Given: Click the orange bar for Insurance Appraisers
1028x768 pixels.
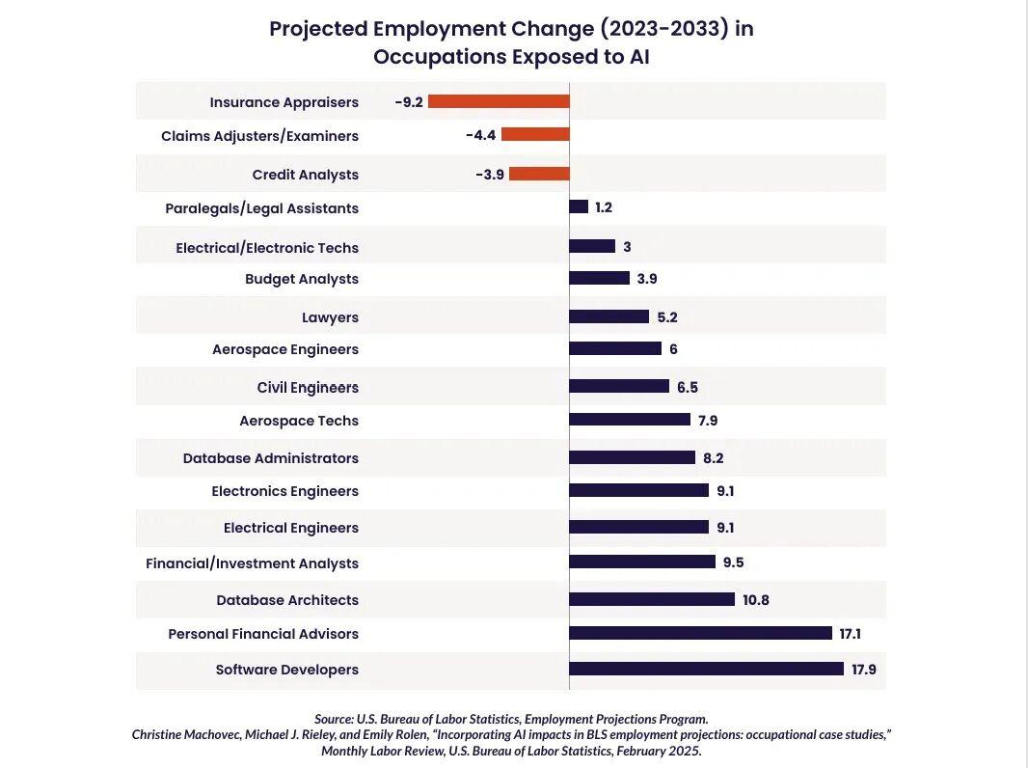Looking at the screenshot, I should point(499,101).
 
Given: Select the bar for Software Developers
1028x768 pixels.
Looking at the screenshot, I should point(706,669).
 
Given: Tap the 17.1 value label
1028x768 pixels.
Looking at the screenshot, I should point(850,634).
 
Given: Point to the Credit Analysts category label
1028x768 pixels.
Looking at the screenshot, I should point(305,175).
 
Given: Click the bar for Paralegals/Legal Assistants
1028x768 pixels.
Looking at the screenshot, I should point(579,206).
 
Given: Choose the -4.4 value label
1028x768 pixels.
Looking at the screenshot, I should point(480,135).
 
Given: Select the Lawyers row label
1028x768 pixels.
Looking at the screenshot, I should point(330,317).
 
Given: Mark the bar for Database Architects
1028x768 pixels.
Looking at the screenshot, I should point(652,599).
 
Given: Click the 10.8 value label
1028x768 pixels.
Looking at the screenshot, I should point(756,600).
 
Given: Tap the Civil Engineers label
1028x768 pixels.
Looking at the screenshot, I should point(308,388).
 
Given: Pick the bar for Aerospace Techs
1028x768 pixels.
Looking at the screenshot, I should point(630,420).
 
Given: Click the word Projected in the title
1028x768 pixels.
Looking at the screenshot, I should point(317,29).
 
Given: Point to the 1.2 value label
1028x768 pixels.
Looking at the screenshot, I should point(604,207).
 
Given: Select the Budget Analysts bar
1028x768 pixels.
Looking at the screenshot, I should point(599,278).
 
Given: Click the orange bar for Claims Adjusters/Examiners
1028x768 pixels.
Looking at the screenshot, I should point(535,135).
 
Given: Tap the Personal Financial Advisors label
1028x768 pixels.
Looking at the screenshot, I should point(263,634).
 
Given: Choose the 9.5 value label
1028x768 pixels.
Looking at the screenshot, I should point(734,562).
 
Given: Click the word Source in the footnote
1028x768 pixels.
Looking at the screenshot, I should point(334,719).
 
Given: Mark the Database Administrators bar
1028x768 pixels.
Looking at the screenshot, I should point(632,457).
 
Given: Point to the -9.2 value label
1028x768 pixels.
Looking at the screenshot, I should point(409,101).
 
